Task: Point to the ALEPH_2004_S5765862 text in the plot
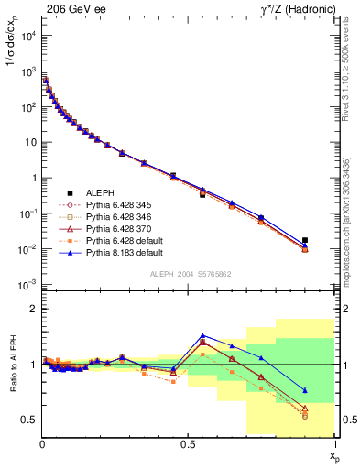tap(190, 275)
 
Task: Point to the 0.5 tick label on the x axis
tap(188, 443)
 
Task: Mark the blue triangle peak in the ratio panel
tap(202, 335)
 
